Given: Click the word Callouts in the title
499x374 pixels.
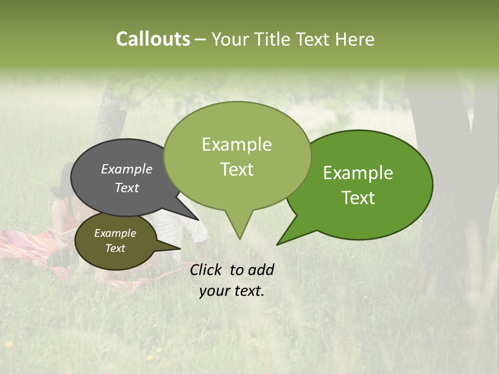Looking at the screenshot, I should pyautogui.click(x=153, y=39).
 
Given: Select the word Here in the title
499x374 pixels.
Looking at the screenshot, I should pyautogui.click(x=355, y=39).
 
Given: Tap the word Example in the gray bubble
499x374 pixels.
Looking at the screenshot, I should pyautogui.click(x=127, y=169).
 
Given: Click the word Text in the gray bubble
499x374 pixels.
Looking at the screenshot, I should pyautogui.click(x=127, y=188).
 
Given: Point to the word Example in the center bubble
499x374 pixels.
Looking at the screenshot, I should pyautogui.click(x=237, y=144).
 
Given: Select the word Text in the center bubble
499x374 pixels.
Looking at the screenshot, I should pyautogui.click(x=237, y=169).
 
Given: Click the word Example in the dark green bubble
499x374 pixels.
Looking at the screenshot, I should pyautogui.click(x=358, y=173).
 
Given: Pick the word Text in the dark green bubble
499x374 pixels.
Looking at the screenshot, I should pyautogui.click(x=359, y=198).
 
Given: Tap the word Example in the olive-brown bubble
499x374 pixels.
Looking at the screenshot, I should pyautogui.click(x=115, y=233).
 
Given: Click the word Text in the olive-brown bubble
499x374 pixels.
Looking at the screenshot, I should pyautogui.click(x=115, y=248).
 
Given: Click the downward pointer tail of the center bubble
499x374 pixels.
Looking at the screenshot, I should pyautogui.click(x=239, y=226).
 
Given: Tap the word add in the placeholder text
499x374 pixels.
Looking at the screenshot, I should pyautogui.click(x=261, y=270).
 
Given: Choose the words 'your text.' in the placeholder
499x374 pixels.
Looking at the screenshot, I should pyautogui.click(x=232, y=291).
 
